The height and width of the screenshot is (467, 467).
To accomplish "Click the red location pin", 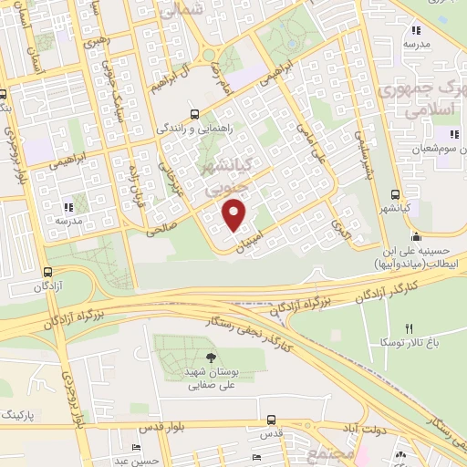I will point(235,214).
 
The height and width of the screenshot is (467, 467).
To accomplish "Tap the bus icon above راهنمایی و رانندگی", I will point(193,115).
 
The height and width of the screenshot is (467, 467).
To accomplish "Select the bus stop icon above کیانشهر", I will point(395,194).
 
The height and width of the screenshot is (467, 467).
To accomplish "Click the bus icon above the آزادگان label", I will point(47,271).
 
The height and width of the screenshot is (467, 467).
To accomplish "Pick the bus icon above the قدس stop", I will point(271,420).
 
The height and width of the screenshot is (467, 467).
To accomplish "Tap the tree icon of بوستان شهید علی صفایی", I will point(211,357).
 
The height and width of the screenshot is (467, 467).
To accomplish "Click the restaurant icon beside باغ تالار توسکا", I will point(410,328).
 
